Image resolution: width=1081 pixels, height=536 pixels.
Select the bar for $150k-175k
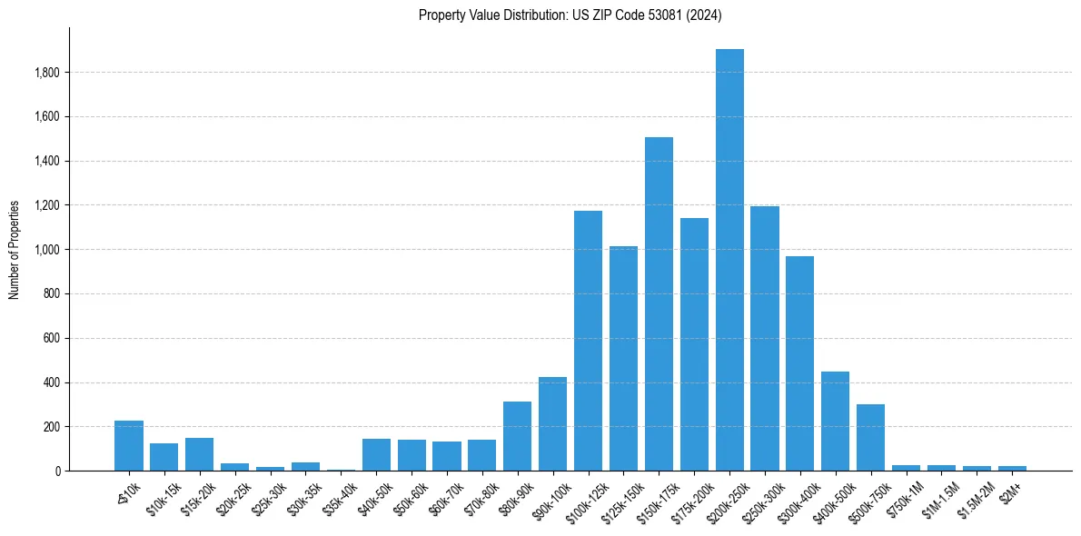pos(659,304)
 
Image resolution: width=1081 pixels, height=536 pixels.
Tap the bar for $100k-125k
pos(588,341)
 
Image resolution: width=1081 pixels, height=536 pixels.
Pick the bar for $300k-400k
pos(799,363)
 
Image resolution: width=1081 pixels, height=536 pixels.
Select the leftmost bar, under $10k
pos(129,446)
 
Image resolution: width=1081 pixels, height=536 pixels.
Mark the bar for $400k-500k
pos(835,422)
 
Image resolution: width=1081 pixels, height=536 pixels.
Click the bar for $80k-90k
pos(517,436)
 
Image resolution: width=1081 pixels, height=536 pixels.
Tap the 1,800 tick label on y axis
pos(46,73)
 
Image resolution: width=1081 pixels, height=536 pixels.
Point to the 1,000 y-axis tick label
pos(46,250)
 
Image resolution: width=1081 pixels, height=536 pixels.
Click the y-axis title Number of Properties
pos(14,250)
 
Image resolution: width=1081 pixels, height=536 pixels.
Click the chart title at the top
pos(570,15)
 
